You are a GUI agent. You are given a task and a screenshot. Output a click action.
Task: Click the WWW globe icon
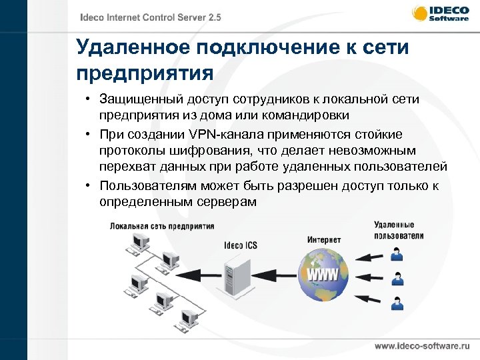323,274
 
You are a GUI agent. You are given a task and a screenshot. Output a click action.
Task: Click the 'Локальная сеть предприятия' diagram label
162,226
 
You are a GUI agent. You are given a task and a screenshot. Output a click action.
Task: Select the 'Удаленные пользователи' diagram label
399,231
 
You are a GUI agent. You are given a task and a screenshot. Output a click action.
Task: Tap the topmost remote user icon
397,253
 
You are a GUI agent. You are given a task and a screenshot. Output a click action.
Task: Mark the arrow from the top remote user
370,255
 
